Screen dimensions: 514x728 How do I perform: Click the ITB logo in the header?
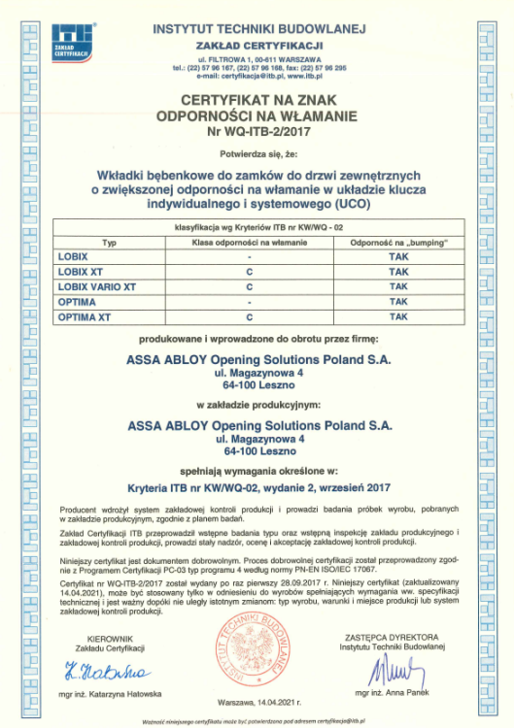[79, 42]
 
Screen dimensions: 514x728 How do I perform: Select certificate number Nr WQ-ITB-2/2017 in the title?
[257, 129]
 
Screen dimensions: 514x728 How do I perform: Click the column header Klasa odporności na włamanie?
[249, 240]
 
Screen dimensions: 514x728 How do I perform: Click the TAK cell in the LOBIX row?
[397, 256]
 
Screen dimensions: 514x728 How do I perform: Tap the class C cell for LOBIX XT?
[249, 272]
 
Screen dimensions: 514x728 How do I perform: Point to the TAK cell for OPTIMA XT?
[397, 317]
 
